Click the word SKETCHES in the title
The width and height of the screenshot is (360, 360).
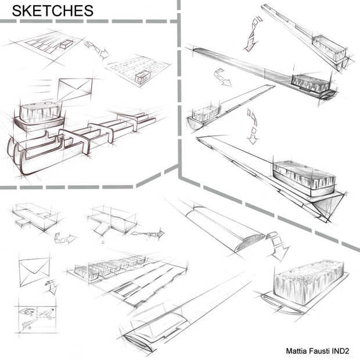click(x=53, y=11)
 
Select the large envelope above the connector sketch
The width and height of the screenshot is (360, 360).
click(x=75, y=89)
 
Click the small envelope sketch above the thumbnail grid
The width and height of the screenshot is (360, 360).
click(x=34, y=272)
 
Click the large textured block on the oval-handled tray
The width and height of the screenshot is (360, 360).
click(x=309, y=282)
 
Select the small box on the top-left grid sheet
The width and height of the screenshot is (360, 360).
click(x=66, y=44)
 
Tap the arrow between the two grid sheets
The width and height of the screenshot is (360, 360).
click(x=96, y=49)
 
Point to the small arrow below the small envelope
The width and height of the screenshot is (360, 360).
click(x=52, y=286)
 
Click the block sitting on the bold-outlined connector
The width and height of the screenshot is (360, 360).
click(x=41, y=113)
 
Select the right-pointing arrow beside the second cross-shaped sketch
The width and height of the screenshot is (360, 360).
click(x=148, y=234)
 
